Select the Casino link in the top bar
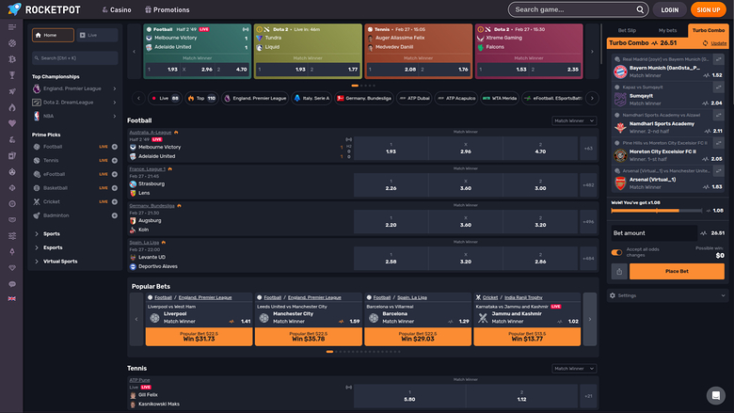pyautogui.click(x=116, y=9)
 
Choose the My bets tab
pyautogui.click(x=667, y=30)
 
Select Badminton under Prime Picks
pyautogui.click(x=56, y=214)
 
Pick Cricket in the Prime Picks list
pyautogui.click(x=52, y=201)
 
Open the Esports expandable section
pyautogui.click(x=53, y=247)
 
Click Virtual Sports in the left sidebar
pyautogui.click(x=60, y=261)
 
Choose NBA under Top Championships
pyautogui.click(x=49, y=116)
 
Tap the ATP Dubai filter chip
pyautogui.click(x=413, y=98)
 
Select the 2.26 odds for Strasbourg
pyautogui.click(x=391, y=188)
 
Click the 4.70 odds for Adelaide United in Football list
pyautogui.click(x=539, y=151)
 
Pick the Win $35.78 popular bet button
pyautogui.click(x=309, y=336)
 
